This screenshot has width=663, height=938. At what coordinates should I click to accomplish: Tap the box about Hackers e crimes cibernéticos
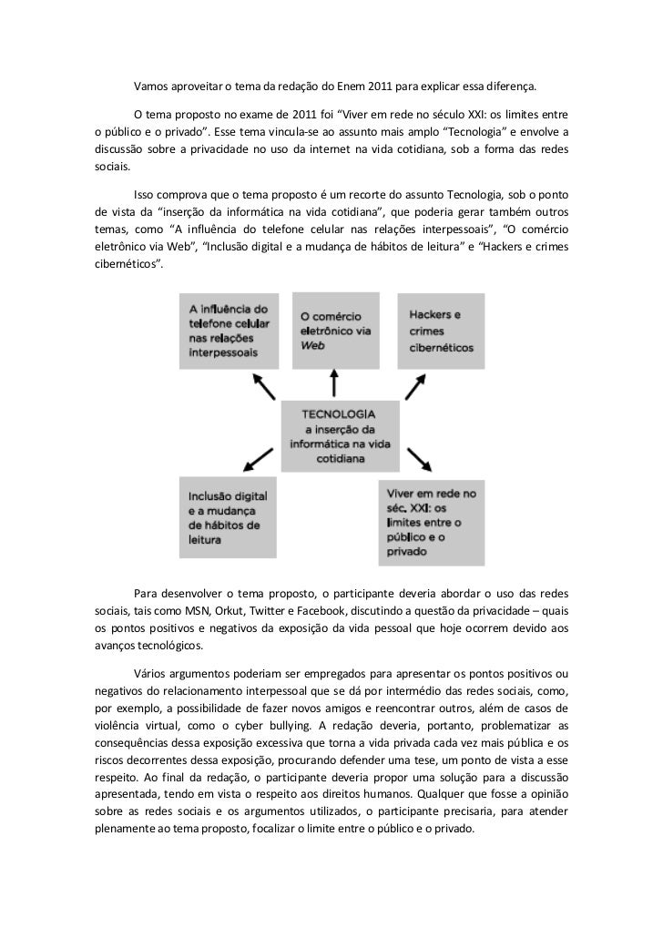pyautogui.click(x=440, y=331)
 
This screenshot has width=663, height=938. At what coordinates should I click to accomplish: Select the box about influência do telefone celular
pyautogui.click(x=228, y=331)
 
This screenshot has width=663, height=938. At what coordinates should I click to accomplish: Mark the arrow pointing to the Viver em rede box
pyautogui.click(x=417, y=458)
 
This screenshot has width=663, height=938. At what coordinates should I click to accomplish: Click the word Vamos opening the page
pyautogui.click(x=151, y=88)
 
